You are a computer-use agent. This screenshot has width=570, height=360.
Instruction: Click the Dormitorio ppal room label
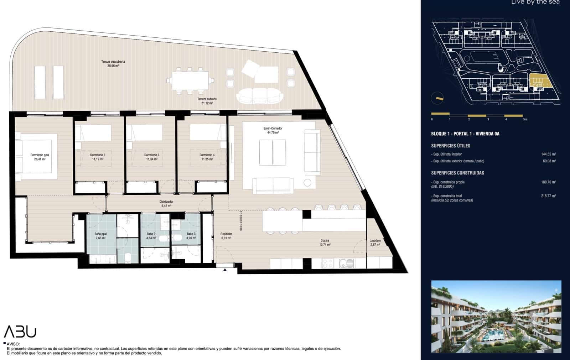[40, 157]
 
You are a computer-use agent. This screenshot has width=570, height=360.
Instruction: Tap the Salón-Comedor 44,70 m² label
[273, 130]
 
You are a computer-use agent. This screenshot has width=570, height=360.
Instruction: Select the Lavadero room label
[375, 242]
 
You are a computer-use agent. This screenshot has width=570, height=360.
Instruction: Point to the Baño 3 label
[191, 236]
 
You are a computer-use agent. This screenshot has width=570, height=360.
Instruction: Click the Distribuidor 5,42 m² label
[167, 204]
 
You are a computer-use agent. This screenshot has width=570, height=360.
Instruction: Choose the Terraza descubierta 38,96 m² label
[113, 64]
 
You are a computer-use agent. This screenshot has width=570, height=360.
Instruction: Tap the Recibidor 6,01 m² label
[226, 236]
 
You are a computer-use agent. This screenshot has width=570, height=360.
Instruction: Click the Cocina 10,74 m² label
[325, 242]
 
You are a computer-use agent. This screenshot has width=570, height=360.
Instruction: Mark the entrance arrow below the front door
[225, 270]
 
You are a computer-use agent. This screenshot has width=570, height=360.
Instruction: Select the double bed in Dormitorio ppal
[36, 156]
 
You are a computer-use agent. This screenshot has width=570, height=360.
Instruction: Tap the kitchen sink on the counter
[346, 264]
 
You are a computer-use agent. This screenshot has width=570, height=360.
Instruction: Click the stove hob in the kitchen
[327, 264]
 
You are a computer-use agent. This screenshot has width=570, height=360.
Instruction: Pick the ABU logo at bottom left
[20, 332]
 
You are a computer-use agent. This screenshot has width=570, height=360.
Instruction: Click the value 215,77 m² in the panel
[548, 196]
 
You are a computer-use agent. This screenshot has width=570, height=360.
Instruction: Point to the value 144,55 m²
[548, 154]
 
